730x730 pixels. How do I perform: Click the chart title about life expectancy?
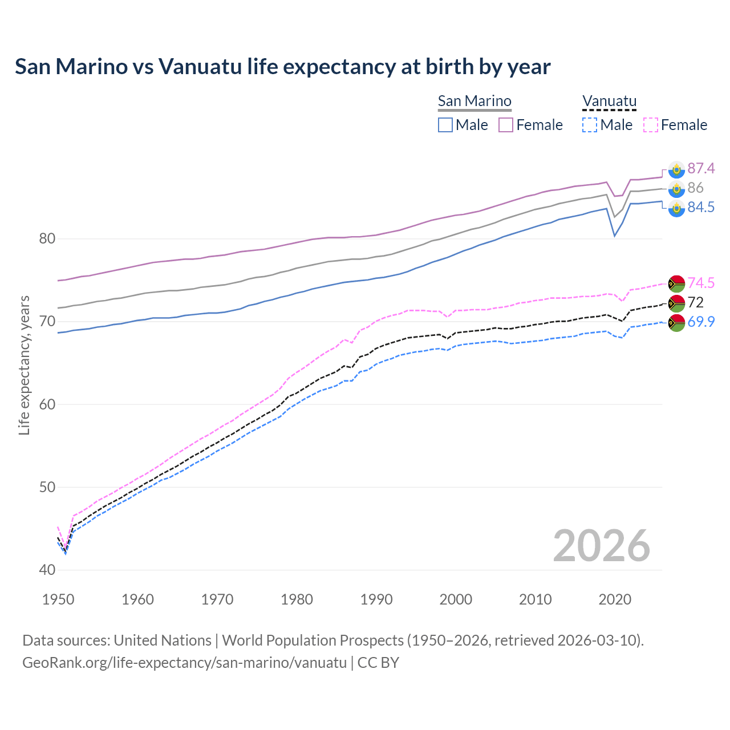coord(283,67)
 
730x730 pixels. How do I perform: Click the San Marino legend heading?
coord(474,101)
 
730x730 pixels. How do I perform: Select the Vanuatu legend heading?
coord(609,101)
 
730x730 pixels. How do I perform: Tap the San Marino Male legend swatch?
coord(445,125)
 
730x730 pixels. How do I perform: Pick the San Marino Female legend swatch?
coord(506,125)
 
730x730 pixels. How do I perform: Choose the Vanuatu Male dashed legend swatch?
coord(590,125)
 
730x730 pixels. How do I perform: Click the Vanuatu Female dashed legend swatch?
coord(651,125)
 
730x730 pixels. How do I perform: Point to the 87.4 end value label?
coord(701,168)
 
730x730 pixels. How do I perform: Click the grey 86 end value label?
coord(695,188)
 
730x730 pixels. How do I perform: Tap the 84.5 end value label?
coord(701,207)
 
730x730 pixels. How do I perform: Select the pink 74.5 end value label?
coord(701,283)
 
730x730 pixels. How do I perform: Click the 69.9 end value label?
coord(701,322)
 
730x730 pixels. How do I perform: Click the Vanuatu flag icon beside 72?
coord(676,303)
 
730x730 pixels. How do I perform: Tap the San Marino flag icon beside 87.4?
coord(676,169)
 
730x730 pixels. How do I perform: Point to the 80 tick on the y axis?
coord(47,238)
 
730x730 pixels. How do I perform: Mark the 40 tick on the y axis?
coord(47,570)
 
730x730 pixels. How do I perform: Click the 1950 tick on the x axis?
coord(58,599)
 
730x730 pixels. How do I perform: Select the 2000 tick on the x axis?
coord(456,599)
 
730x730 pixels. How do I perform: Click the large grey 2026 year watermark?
coord(601,546)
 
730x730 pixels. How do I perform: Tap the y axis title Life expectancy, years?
coord(24,365)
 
